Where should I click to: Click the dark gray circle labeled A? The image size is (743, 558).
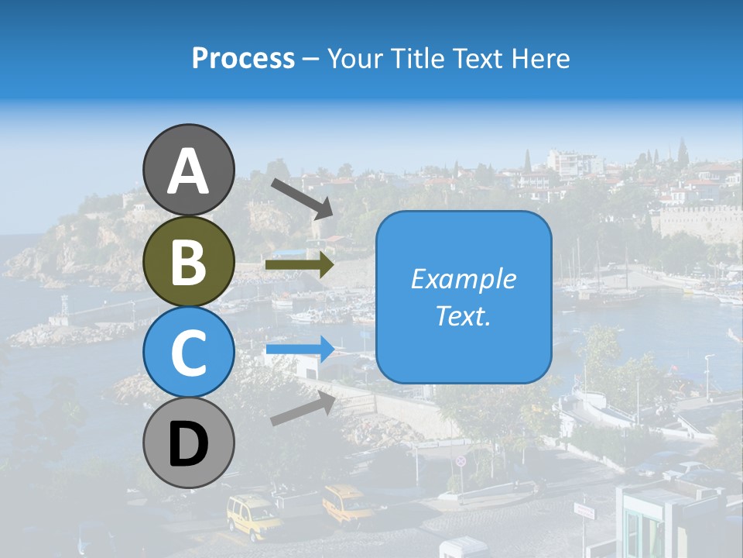click(188, 170)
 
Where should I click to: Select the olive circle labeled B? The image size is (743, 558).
click(188, 261)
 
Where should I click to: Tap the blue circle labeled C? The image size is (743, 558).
click(188, 352)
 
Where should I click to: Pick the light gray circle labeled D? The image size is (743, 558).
click(188, 443)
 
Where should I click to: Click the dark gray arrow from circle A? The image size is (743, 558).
click(302, 198)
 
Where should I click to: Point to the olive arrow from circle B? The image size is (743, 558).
click(299, 265)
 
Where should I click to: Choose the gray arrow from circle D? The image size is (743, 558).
click(303, 408)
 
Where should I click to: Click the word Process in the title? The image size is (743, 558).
click(243, 58)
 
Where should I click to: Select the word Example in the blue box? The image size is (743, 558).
click(463, 279)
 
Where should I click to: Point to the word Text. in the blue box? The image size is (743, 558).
click(463, 316)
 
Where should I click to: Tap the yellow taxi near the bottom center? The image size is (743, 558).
click(348, 505)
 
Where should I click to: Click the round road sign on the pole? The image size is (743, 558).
click(461, 461)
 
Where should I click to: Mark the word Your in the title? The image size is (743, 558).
click(353, 58)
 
